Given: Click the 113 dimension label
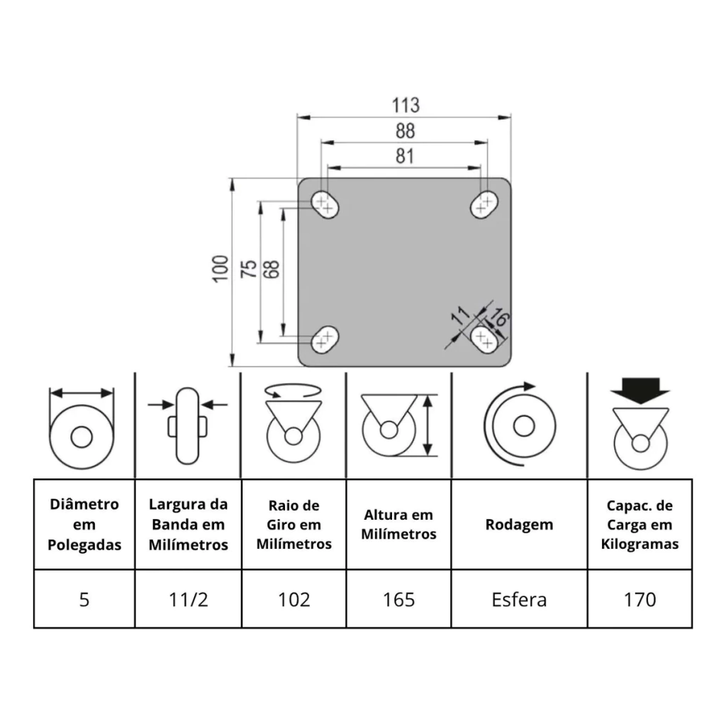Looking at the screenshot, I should coord(406,106).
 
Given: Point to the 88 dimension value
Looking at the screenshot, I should coord(405,131).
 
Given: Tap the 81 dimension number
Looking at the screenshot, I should coord(404,156).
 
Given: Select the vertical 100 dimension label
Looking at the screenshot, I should coord(220,269).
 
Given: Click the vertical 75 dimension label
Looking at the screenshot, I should coord(250,269).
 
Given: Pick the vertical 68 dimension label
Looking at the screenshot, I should coord(272,269).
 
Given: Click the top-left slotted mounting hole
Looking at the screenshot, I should coord(325,205).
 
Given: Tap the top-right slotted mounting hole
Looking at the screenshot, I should coord(485,205).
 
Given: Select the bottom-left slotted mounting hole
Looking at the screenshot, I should coord(325,338).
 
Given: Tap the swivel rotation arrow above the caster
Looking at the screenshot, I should coord(293,391).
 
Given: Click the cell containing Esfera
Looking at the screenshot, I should coord(519,600).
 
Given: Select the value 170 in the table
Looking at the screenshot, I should coord(640,600).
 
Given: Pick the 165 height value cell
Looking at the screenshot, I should coord(398,600).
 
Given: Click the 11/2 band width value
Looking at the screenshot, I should coord(188,600).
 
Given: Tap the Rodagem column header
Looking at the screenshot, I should coord(519,525).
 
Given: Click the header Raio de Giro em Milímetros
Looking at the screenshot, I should coord(294,525).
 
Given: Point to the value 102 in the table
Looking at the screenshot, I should coord(294,600).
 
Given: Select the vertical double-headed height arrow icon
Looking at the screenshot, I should coord(428,425).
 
